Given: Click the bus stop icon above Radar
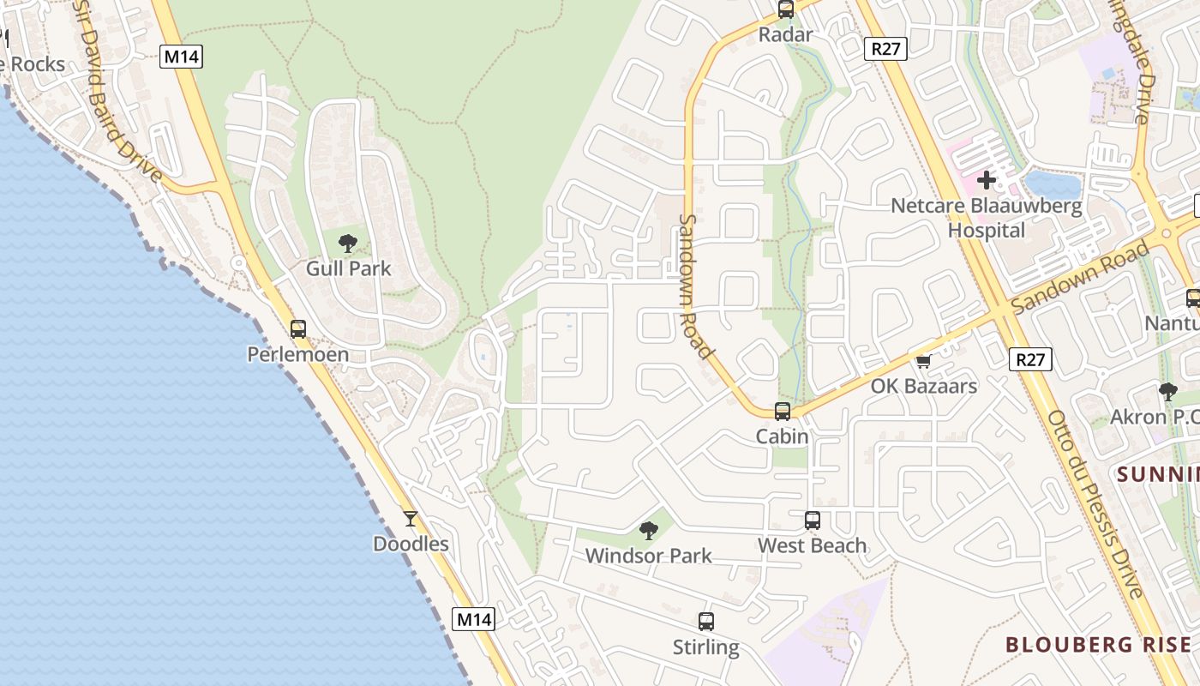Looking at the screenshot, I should point(786,9).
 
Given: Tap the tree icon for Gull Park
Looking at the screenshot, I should point(348,244).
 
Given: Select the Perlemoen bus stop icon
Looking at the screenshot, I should point(298,328).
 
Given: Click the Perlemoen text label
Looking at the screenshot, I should point(297,354).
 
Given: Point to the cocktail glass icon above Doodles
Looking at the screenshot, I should point(411,519).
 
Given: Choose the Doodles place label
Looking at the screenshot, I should point(411,544).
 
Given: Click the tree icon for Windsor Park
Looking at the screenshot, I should point(649,531).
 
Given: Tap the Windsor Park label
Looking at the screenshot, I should point(648,556).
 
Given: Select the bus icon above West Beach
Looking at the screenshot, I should point(812,520).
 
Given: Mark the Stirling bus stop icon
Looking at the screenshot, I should point(706,622).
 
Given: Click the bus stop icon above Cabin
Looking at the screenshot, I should point(783,411).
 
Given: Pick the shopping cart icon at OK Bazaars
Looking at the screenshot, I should point(923,362).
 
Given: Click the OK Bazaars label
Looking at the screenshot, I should point(923,386).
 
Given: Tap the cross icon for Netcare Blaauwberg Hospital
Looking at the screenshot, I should point(987,180).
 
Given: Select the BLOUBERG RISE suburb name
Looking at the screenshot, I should point(1098,644).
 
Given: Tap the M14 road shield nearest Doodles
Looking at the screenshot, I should point(474,619).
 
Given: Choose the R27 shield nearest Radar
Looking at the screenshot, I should point(885,49).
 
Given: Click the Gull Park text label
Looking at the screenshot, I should point(348,268).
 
